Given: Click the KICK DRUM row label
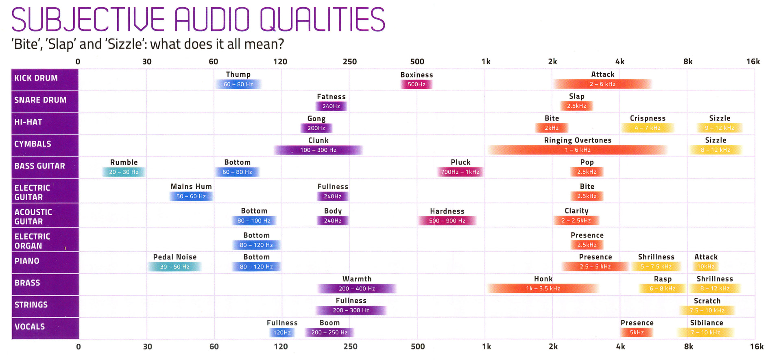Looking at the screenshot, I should (36, 78).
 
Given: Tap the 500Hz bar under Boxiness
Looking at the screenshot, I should (416, 84).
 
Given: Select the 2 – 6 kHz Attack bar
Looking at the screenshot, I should (602, 84).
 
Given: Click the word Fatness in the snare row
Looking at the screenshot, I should (331, 97).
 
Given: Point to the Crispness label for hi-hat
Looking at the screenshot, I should (648, 118).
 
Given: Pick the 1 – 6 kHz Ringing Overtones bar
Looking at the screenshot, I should (578, 150).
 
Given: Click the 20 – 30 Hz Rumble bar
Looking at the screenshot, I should (124, 172).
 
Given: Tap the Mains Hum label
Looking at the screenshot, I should (191, 187).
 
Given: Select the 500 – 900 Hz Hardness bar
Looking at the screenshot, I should (447, 221).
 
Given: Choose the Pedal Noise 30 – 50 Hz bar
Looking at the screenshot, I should (175, 267).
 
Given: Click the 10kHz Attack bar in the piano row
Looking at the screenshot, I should (706, 267).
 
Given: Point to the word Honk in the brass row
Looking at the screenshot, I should (543, 279).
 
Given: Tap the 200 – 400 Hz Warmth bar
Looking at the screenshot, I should (357, 289).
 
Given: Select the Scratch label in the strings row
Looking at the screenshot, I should (707, 301).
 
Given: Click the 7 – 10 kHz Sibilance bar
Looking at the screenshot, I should (705, 333).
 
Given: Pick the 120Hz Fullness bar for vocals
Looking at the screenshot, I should (282, 333).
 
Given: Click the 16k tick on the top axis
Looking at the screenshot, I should (753, 62).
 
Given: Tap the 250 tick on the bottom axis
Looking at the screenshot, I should (350, 347).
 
